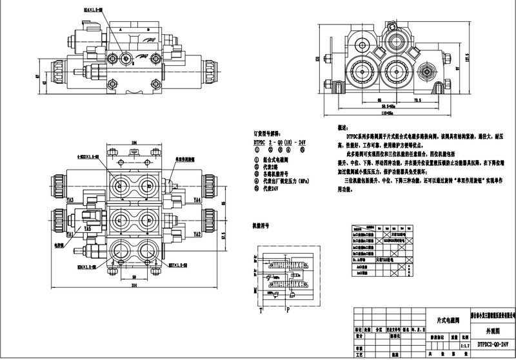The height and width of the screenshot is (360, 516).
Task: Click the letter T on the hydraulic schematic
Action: point(261,309)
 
